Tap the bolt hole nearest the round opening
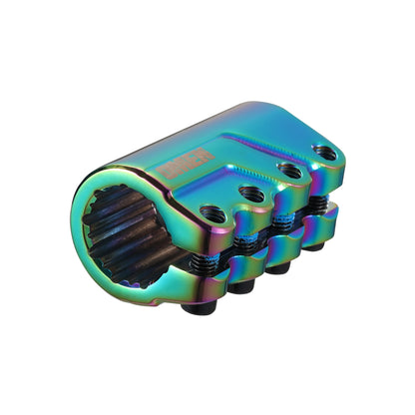pyautogui.click(x=211, y=212)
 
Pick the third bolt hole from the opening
pyautogui.click(x=289, y=171)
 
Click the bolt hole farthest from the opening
pyautogui.click(x=323, y=152)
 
